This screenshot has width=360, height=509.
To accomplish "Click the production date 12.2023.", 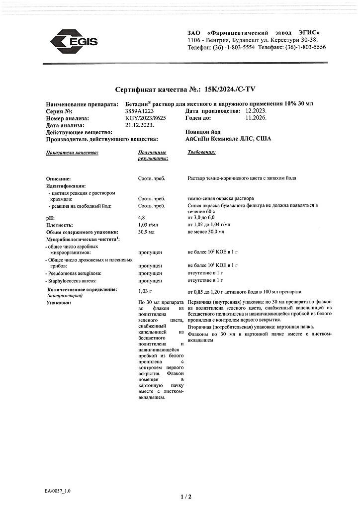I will (x=254, y=112).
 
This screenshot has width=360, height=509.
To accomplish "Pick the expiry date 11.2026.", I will (x=253, y=119).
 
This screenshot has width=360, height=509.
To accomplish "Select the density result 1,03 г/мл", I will (x=148, y=225).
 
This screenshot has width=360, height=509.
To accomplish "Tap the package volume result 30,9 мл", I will (x=147, y=232).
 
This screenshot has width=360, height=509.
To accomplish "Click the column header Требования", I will (x=201, y=152).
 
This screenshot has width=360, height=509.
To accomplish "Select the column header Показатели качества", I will (x=72, y=152).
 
